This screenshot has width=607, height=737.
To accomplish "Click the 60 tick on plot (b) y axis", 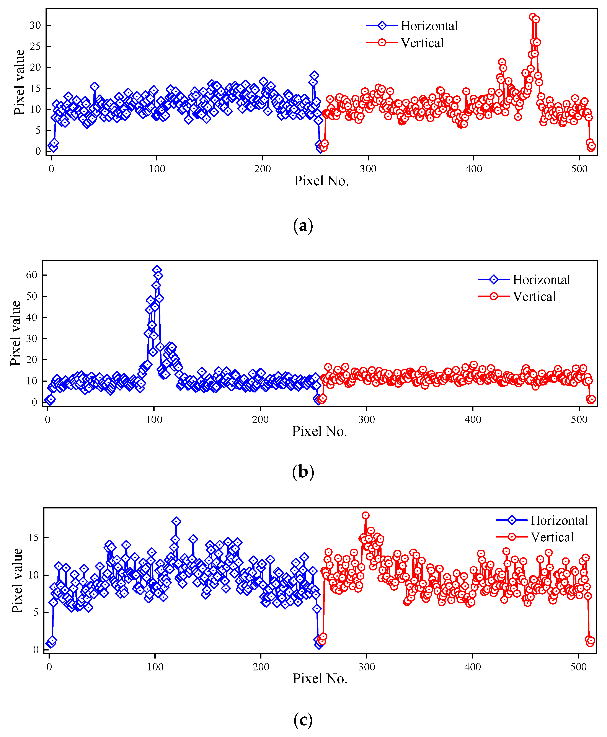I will click(31, 275).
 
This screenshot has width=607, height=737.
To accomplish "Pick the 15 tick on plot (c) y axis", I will click(33, 538).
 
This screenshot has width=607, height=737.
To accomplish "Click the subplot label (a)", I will click(303, 226).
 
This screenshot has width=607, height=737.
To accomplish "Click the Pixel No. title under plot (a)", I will click(321, 181).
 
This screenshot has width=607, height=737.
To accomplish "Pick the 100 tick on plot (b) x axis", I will click(154, 420).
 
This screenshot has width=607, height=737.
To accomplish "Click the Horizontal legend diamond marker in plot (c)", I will click(512, 520).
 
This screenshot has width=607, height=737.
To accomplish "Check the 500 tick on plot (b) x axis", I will click(579, 420).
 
